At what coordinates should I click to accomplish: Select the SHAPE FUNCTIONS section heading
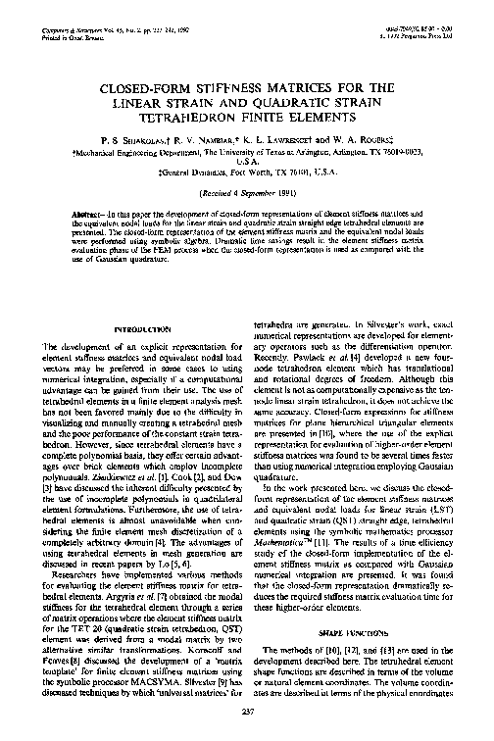pos(368,633)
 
